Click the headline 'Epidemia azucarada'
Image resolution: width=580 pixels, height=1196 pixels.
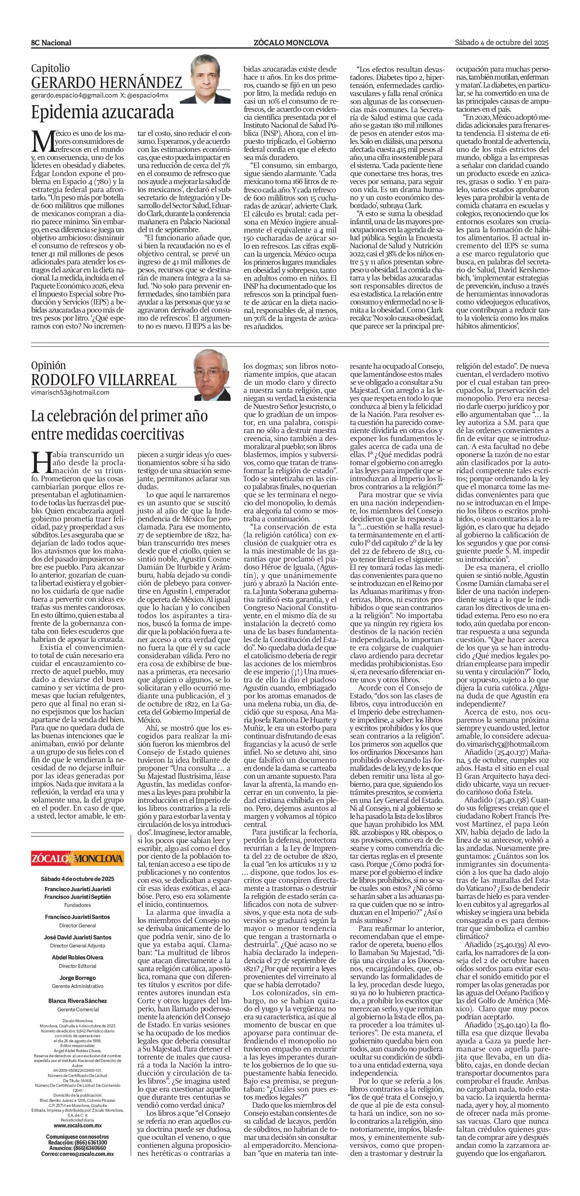pyautogui.click(x=102, y=113)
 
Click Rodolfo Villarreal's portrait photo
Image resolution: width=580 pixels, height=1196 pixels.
pyautogui.click(x=212, y=375)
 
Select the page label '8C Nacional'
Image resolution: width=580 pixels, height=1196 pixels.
pyautogui.click(x=51, y=43)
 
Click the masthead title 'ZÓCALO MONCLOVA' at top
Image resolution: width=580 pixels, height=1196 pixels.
pyautogui.click(x=291, y=43)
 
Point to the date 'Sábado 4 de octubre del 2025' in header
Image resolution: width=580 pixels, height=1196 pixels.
pyautogui.click(x=501, y=42)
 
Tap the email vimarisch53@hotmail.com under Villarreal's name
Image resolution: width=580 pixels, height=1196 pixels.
pyautogui.click(x=70, y=392)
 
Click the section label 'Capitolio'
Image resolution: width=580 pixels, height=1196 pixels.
pyautogui.click(x=50, y=68)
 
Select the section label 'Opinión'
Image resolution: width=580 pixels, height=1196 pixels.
pyautogui.click(x=48, y=365)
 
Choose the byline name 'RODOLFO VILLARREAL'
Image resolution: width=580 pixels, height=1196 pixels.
pyautogui.click(x=104, y=380)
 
